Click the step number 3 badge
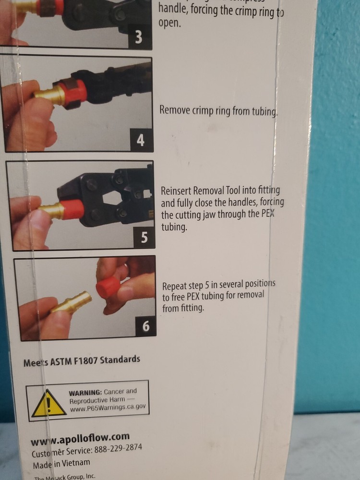(x=139, y=37)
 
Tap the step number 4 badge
(x=140, y=140)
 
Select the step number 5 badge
(x=144, y=237)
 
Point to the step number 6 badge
(x=146, y=327)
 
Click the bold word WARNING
(x=85, y=392)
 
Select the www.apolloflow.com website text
(x=80, y=439)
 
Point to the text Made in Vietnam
(x=61, y=464)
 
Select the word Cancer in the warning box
(x=115, y=392)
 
